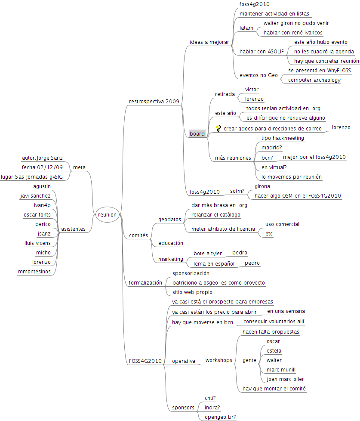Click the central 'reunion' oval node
[x=107, y=214]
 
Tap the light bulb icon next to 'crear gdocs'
[x=218, y=128]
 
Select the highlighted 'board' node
[x=197, y=134]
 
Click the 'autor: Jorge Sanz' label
[x=42, y=158]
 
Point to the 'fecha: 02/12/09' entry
[x=42, y=167]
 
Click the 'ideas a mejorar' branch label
[x=209, y=42]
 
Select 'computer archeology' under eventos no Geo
[x=314, y=80]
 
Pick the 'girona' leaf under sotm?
[x=262, y=186]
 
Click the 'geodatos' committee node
[x=169, y=219]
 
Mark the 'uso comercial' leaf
[x=282, y=224]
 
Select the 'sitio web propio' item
[x=192, y=292]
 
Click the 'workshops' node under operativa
[x=218, y=360]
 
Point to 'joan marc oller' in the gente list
[x=285, y=379]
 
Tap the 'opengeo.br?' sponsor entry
[x=220, y=417]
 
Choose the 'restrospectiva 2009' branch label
[x=154, y=101]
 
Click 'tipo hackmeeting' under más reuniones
[x=283, y=138]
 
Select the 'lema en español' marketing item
[x=214, y=264]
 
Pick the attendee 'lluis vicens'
[x=37, y=243]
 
